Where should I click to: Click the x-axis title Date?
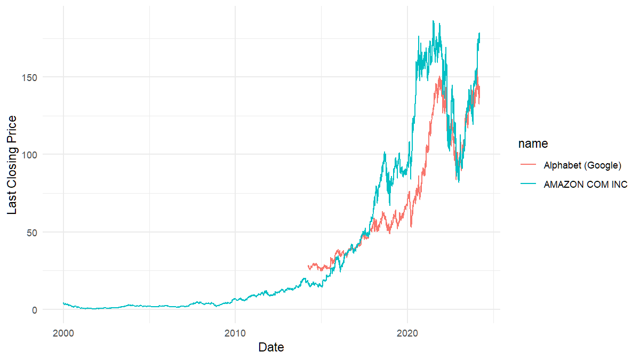coord(271,347)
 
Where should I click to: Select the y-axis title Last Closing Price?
coord(12,165)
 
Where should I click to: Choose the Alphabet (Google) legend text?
coord(582,165)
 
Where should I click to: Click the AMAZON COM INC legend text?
coord(586,185)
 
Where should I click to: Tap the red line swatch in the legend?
coord(528,165)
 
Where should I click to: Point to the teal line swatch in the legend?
coord(528,185)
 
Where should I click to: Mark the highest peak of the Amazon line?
coord(433,21)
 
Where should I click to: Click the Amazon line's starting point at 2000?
coord(63,303)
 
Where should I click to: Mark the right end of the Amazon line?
coord(480,33)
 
